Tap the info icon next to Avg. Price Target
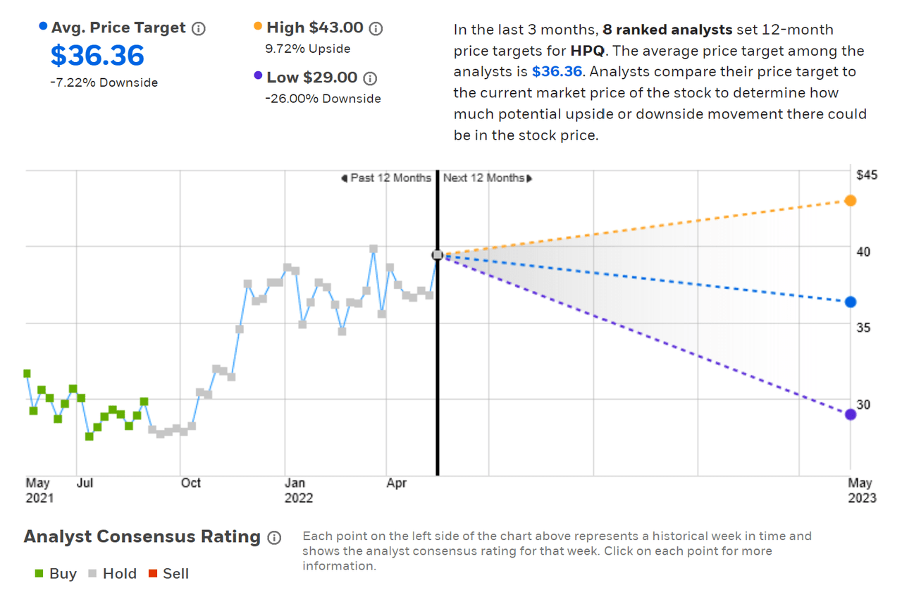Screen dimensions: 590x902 point(199,29)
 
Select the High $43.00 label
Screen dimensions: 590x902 point(315,28)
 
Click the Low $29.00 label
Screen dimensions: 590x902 point(312,78)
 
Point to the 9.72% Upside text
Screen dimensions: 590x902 point(308,49)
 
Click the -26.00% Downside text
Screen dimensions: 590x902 point(323,99)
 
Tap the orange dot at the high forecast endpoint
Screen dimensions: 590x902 point(851,201)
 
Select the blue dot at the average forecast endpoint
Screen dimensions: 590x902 point(851,302)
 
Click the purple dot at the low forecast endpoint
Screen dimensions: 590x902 point(851,414)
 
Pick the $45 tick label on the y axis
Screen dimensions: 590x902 point(866,175)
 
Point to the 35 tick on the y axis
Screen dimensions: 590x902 point(863,328)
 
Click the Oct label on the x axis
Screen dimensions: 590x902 point(190,483)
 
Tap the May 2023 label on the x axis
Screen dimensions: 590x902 point(861,491)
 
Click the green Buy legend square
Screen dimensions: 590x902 point(39,574)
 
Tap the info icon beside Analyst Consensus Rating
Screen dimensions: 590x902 point(274,538)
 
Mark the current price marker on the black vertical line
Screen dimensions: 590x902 point(438,255)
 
